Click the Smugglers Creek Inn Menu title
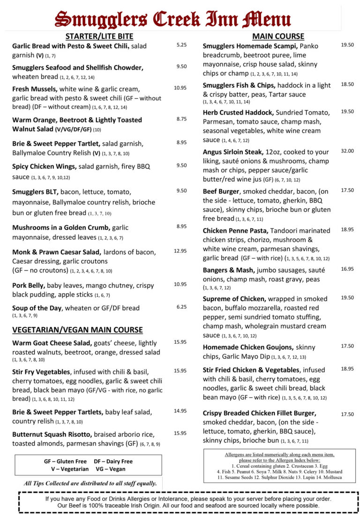coord(172,19)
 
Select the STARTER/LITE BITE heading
coord(99,36)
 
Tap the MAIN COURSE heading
coord(278,36)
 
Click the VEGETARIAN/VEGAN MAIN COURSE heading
coord(77,330)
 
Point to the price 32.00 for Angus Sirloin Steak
coord(347,151)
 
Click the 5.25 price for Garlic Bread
coord(181,45)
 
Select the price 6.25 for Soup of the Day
coord(181,307)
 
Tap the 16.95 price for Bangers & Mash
coord(347,269)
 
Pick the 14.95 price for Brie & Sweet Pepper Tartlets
coord(180,411)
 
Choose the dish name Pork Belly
coord(29,285)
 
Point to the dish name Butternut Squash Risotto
coord(52,434)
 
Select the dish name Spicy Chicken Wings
coord(44,166)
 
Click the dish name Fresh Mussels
coord(35,89)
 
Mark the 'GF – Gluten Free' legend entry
coord(65,461)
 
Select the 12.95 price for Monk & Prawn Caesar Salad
coord(180,251)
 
